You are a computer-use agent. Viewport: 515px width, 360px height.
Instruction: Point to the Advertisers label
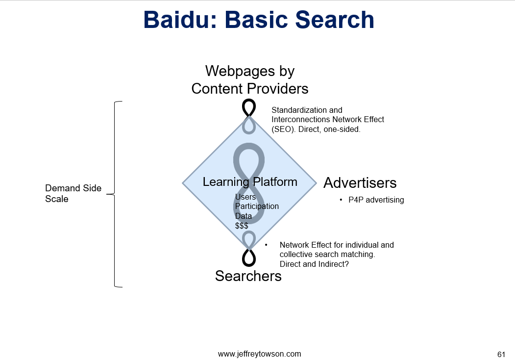click(x=360, y=183)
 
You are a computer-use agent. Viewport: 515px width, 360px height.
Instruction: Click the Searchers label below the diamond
click(x=248, y=276)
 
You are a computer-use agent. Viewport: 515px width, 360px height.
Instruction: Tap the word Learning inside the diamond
click(x=225, y=182)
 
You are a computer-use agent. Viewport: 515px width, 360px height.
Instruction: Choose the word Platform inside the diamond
click(x=275, y=182)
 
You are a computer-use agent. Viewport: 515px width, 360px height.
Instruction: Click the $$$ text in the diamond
click(x=242, y=226)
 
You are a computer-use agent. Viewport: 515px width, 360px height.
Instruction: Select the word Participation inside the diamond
click(x=257, y=206)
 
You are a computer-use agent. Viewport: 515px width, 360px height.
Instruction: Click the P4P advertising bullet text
click(x=376, y=200)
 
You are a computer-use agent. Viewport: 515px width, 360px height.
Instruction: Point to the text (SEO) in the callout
click(x=284, y=129)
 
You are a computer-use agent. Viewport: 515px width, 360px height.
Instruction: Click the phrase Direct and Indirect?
click(x=314, y=264)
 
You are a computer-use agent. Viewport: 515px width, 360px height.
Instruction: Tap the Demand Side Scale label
click(x=73, y=193)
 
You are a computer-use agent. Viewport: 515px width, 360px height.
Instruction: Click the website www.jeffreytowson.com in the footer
click(x=260, y=354)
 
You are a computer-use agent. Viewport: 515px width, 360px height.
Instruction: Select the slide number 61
click(x=501, y=355)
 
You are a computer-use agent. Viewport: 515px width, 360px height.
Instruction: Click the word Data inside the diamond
click(x=244, y=216)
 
